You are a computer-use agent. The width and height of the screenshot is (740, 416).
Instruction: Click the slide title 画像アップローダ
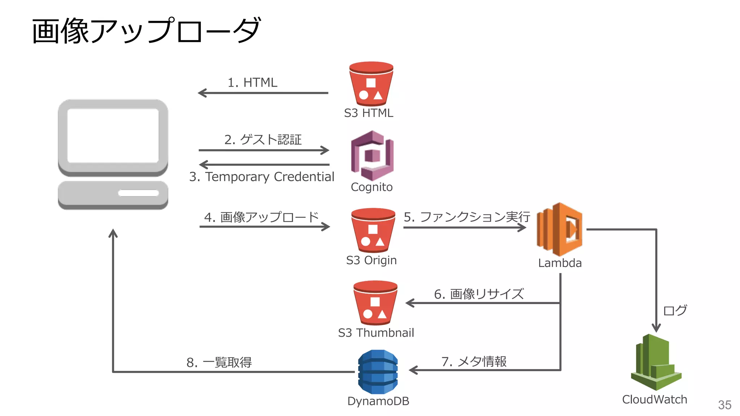tap(146, 31)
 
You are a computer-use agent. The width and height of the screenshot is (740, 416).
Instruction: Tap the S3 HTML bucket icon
tap(371, 84)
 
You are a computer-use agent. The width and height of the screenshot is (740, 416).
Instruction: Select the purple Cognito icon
tap(372, 156)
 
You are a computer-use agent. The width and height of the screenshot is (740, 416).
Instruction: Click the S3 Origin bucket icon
tap(373, 230)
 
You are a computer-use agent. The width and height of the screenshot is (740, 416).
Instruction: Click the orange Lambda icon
tap(559, 229)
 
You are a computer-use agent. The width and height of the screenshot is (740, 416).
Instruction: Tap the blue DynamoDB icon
tap(378, 372)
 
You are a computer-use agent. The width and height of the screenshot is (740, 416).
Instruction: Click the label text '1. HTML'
tap(252, 83)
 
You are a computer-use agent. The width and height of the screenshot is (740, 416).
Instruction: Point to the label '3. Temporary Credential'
tap(262, 177)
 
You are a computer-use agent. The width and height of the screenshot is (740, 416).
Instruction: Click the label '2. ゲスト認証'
tap(263, 139)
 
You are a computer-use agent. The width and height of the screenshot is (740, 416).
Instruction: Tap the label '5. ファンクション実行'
tap(466, 217)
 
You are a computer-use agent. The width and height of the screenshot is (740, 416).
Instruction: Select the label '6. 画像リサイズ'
tap(479, 294)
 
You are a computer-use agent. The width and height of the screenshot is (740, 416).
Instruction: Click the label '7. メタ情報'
tap(474, 361)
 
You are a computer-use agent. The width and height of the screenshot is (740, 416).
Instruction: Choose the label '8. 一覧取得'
tap(219, 362)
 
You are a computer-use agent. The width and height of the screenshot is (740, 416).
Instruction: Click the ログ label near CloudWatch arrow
tap(675, 310)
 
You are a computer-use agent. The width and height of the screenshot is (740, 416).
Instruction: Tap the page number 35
tap(724, 405)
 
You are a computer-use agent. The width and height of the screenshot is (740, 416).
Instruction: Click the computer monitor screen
tap(113, 136)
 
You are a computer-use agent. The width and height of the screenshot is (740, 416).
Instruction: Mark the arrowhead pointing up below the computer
tap(113, 233)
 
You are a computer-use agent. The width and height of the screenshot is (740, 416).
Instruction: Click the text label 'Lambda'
tap(560, 263)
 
